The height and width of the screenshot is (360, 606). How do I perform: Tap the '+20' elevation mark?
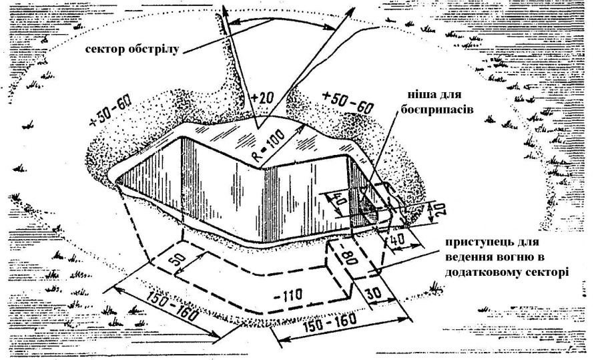click(264, 100)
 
